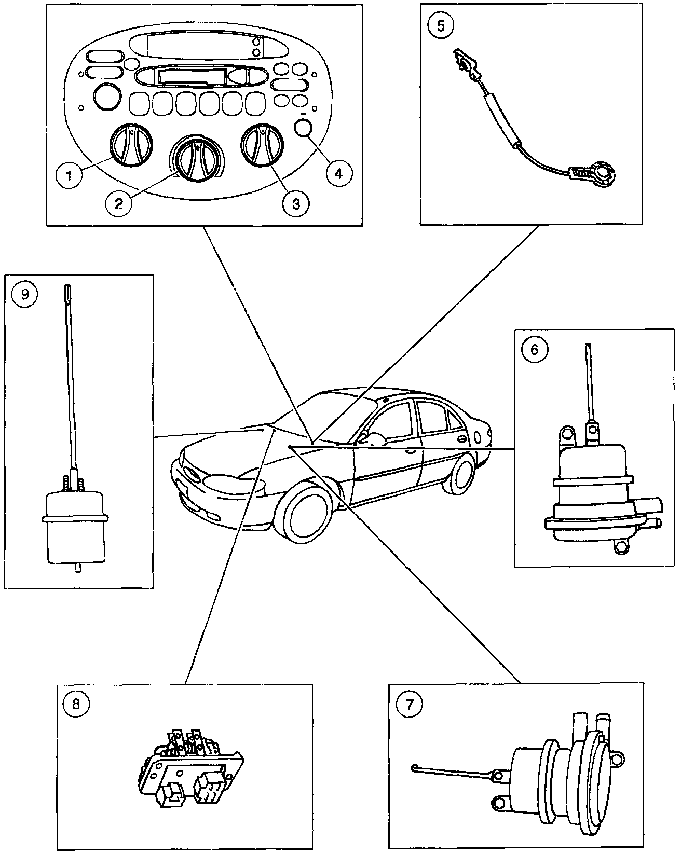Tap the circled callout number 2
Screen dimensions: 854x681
coord(119,202)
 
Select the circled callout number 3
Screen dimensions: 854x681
coord(295,203)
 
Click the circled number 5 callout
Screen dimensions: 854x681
coord(441,26)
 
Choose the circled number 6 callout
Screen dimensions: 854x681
coord(535,349)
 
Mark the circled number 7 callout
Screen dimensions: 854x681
coord(409,704)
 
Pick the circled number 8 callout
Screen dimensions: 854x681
coord(76,704)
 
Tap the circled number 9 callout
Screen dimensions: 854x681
coord(25,294)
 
